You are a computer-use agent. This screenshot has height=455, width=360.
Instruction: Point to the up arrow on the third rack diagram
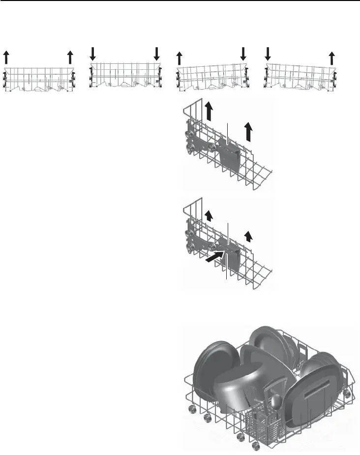coord(180,57)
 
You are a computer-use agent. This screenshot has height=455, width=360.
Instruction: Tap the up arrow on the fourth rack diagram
coord(331,57)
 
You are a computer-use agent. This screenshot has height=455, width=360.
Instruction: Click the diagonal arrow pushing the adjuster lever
coord(213,257)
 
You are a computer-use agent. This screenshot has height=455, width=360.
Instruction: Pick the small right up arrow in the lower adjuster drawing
coord(249,236)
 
